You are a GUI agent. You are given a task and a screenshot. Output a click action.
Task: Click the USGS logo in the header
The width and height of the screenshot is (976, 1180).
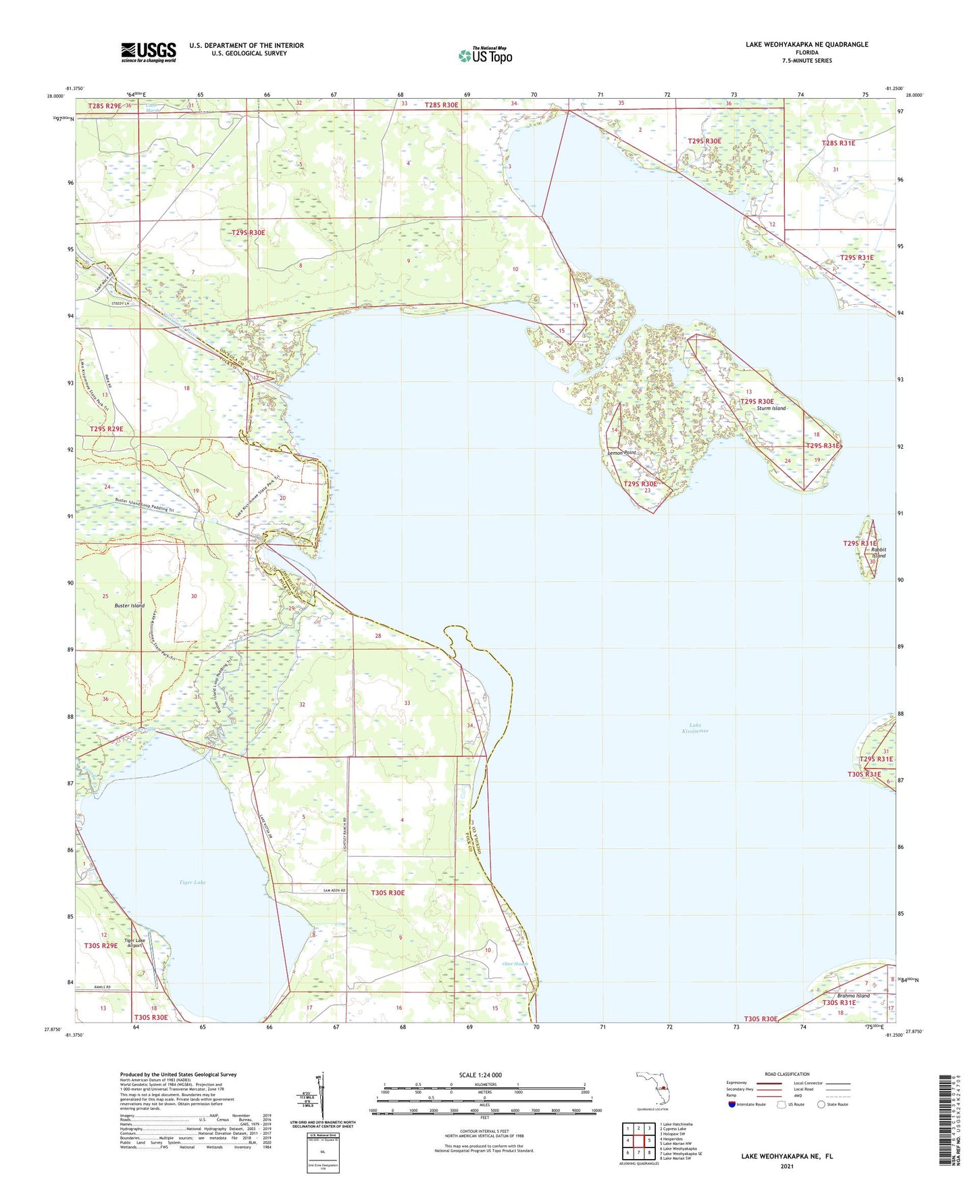149,52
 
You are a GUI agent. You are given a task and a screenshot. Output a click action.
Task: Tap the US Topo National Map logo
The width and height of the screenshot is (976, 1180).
485,55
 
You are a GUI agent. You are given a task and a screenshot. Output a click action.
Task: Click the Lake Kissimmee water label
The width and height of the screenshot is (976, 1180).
694,728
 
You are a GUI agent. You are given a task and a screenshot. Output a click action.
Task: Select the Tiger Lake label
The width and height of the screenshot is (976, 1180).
192,883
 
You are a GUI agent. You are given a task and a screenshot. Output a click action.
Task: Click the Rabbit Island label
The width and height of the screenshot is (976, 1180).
877,552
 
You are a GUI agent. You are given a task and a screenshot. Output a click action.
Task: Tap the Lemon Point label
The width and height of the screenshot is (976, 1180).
621,452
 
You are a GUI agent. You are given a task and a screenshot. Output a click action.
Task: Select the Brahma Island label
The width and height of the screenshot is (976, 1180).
853,995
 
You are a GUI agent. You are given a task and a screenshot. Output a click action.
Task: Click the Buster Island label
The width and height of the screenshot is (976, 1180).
129,606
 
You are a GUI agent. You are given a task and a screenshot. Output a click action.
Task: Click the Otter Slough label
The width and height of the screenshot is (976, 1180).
516,964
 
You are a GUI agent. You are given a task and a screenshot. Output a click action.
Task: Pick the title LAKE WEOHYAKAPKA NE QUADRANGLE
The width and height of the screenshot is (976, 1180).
806,45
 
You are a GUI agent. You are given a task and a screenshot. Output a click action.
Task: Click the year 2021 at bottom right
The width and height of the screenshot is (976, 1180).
786,1166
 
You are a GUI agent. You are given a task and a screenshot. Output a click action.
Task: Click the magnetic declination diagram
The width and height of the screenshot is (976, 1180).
322,1096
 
